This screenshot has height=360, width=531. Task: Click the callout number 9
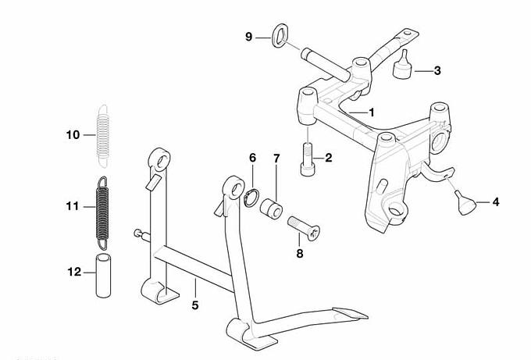[x=249, y=37]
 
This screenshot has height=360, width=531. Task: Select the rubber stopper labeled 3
[x=402, y=66]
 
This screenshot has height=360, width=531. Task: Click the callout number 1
[x=372, y=112]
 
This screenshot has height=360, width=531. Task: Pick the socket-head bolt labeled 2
[x=308, y=159]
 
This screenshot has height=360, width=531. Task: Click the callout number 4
[x=496, y=202]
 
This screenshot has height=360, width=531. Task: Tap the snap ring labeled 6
[x=251, y=198]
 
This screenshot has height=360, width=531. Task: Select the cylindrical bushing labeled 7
[x=271, y=209]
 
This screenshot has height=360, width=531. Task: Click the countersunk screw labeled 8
[x=304, y=229]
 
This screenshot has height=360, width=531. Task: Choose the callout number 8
[x=300, y=253]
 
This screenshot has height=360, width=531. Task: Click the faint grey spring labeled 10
[x=103, y=136]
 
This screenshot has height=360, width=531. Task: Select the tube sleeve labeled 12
[x=103, y=276]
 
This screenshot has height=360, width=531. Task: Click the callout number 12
[x=74, y=272]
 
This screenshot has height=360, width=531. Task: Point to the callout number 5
[x=195, y=305]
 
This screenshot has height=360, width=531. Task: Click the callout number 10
[x=73, y=135]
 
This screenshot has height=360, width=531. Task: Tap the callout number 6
[x=253, y=158]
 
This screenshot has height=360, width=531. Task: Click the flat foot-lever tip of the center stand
[x=351, y=314]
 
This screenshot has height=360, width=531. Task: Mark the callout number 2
[x=329, y=158]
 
